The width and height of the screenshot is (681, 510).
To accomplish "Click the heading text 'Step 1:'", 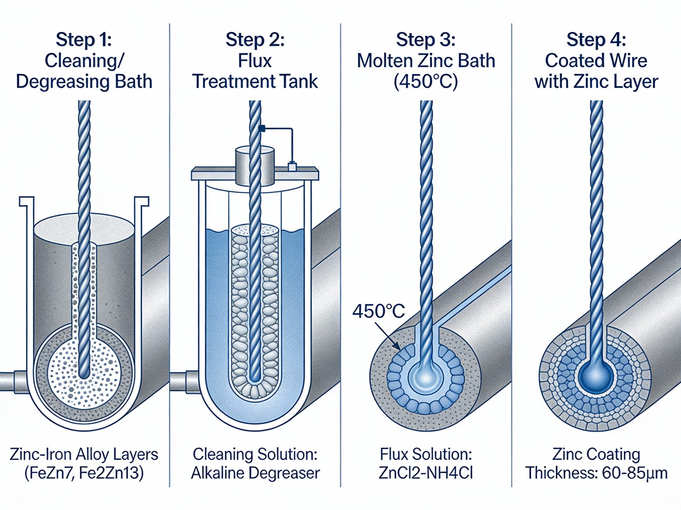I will click(84, 40).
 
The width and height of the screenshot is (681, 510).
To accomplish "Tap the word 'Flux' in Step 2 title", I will click(255, 61).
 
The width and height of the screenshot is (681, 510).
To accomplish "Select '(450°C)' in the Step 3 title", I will click(426, 82).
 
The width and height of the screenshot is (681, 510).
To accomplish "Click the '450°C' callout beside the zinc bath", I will click(378, 312).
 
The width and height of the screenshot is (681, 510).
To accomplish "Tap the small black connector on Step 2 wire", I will click(262, 127).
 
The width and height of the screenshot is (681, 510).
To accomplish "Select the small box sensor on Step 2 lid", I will click(292, 166).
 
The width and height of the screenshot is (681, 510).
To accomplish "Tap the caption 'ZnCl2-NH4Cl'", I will click(426, 473).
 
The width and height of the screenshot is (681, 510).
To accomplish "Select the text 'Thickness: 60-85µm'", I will click(596, 473).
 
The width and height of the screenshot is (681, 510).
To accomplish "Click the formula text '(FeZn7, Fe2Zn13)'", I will click(84, 473).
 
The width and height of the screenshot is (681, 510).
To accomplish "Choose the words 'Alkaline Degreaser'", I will click(255, 473).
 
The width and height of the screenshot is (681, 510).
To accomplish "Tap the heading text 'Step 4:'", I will click(596, 40).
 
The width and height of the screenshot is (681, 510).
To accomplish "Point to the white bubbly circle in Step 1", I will click(84, 370).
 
